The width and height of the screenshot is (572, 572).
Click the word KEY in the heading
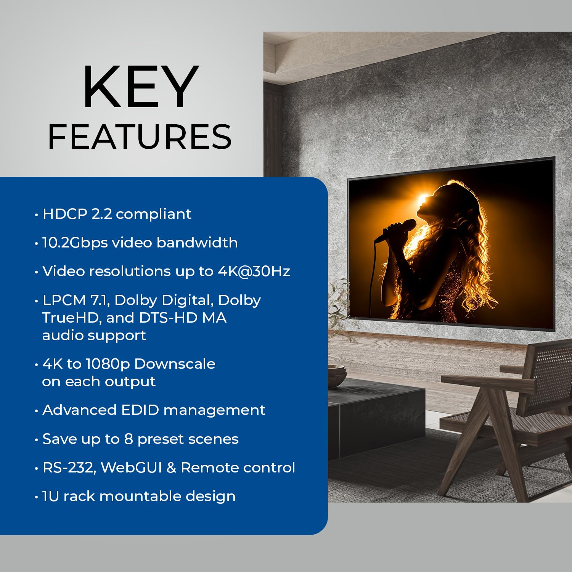pyautogui.click(x=140, y=88)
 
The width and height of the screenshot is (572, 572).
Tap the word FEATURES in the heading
pyautogui.click(x=140, y=137)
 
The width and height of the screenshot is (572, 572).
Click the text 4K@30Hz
pyautogui.click(x=254, y=271)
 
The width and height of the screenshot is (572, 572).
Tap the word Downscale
pyautogui.click(x=175, y=364)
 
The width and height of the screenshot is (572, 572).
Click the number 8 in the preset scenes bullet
pyautogui.click(x=129, y=439)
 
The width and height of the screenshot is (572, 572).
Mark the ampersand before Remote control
pyautogui.click(x=171, y=468)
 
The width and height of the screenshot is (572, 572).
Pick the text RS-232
pyautogui.click(x=69, y=468)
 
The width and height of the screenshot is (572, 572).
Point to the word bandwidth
pyautogui.click(x=197, y=243)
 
